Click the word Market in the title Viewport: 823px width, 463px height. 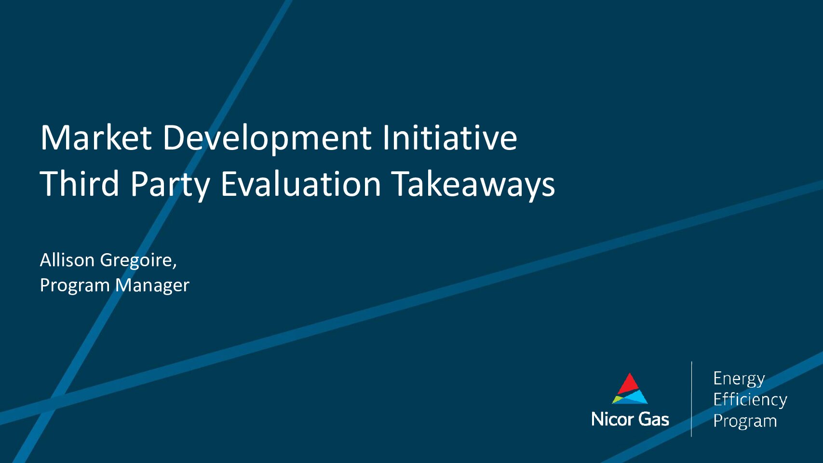pyautogui.click(x=96, y=138)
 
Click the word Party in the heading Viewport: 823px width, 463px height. pyautogui.click(x=170, y=186)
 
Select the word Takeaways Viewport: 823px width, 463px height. pyautogui.click(x=473, y=186)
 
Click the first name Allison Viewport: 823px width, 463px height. pyautogui.click(x=67, y=260)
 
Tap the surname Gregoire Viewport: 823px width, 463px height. pyautogui.click(x=138, y=261)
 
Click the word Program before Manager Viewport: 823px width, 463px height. pyautogui.click(x=75, y=286)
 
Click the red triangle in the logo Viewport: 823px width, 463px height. pyautogui.click(x=629, y=384)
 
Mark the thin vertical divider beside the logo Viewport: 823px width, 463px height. pyautogui.click(x=691, y=399)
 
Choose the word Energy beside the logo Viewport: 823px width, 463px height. pyautogui.click(x=739, y=380)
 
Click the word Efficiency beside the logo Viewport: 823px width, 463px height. pyautogui.click(x=750, y=400)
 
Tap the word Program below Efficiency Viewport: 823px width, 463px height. pyautogui.click(x=745, y=421)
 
